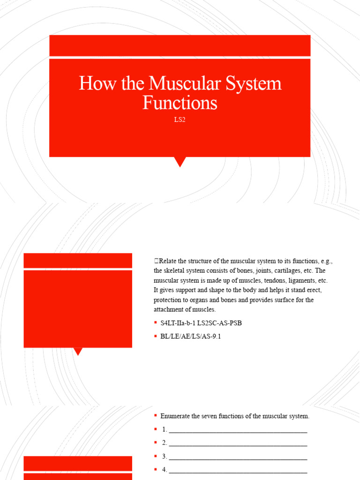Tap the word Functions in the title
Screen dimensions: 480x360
pos(180,103)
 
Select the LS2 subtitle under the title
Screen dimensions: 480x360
pos(180,120)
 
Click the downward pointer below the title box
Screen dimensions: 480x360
pos(180,162)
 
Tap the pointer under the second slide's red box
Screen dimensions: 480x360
pos(78,351)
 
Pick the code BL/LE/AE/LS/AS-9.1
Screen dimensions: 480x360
pos(190,336)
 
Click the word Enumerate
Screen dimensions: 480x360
pos(177,416)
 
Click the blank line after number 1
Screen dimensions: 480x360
pos(238,430)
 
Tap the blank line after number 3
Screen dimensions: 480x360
pos(238,457)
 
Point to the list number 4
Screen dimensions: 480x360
pos(165,470)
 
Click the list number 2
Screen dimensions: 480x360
pos(165,442)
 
